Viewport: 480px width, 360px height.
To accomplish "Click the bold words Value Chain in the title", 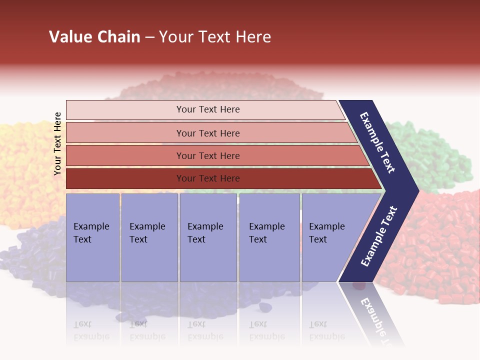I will [x=94, y=37].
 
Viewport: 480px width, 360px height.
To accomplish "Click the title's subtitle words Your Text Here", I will [x=215, y=37].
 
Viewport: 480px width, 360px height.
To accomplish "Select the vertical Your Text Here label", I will [x=57, y=143].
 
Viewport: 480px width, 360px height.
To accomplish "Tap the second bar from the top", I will [x=207, y=133].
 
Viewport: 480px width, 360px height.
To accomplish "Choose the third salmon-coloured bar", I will [x=207, y=155].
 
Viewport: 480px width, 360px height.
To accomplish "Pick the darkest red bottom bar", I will [x=207, y=178].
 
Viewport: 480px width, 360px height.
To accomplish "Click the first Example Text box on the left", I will [x=92, y=237].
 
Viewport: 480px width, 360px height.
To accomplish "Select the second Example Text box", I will [x=149, y=237].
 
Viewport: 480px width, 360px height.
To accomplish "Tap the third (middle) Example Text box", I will [x=208, y=237].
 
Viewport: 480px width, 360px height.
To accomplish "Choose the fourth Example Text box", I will [x=269, y=237].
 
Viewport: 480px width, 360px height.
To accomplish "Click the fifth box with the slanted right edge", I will [x=330, y=237].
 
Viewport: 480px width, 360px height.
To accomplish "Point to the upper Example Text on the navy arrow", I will [x=378, y=142].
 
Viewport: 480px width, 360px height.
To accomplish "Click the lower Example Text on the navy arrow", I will [x=379, y=236].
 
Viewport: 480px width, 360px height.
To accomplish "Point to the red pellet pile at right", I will [x=440, y=250].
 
